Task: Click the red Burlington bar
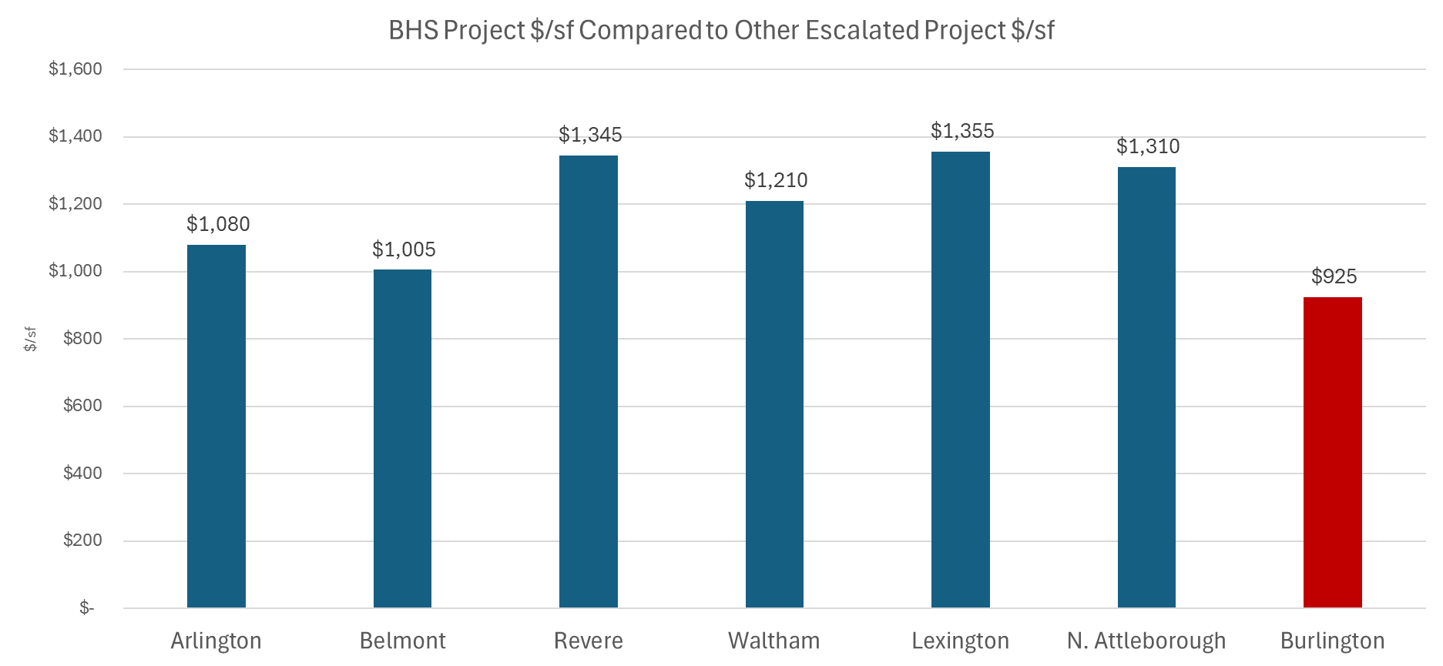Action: point(1332,453)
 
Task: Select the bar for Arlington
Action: point(216,427)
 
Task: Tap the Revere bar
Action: point(589,382)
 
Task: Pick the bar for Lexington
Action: point(960,380)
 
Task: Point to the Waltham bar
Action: point(774,404)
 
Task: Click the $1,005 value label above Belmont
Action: point(404,249)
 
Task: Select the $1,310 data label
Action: point(1147,146)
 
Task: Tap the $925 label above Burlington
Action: point(1334,276)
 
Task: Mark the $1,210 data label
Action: point(775,180)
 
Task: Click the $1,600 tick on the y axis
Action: point(75,69)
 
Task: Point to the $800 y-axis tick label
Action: point(82,339)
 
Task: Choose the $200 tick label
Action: point(82,540)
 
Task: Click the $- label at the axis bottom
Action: point(86,608)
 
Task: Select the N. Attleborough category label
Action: point(1146,641)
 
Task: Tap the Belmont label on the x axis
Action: point(402,641)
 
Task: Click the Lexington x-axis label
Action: point(960,641)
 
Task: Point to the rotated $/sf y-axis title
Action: point(30,339)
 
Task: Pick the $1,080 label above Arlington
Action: point(218,224)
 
